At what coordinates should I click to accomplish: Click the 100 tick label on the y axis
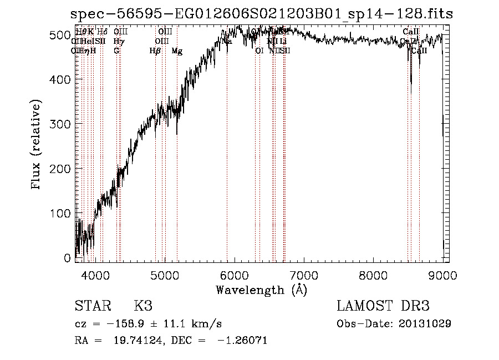click(61, 214)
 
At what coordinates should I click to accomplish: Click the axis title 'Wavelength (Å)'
click(261, 290)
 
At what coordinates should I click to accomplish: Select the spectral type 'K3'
click(143, 306)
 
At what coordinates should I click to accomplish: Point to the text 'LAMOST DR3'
click(383, 306)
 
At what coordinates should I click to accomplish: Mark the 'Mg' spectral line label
click(177, 51)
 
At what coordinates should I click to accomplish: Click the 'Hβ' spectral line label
click(155, 51)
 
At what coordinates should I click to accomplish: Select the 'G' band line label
click(116, 50)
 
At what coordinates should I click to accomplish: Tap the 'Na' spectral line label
click(227, 41)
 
